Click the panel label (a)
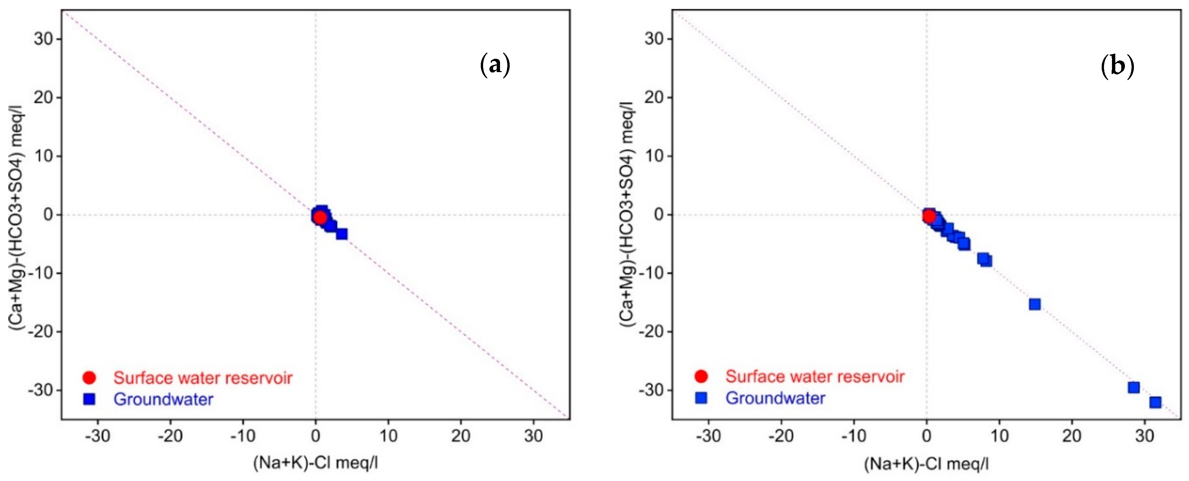click(495, 65)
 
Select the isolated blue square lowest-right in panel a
click(342, 234)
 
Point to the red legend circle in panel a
click(89, 378)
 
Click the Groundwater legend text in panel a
click(163, 399)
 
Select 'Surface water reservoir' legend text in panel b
click(815, 377)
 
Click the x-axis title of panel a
click(315, 462)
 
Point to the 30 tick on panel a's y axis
click(44, 39)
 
